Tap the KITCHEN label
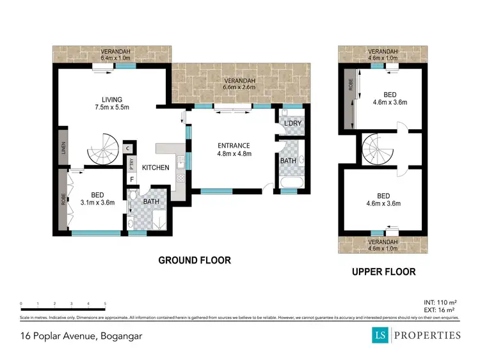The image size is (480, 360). [156, 168]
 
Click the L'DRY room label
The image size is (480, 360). [293, 122]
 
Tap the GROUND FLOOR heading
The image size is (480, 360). [195, 260]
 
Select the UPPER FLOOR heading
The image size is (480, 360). [383, 272]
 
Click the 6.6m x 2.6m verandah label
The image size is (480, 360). [239, 84]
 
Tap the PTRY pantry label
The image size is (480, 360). [132, 163]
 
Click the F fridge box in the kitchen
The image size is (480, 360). [132, 179]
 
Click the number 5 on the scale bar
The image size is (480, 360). [105, 304]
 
